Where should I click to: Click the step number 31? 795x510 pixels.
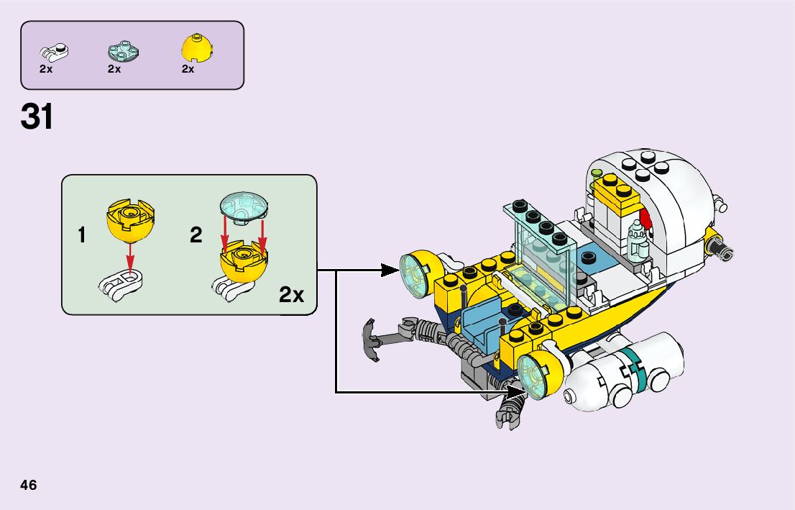pos(37,117)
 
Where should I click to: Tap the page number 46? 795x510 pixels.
pos(29,485)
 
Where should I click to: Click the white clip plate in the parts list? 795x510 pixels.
pos(53,52)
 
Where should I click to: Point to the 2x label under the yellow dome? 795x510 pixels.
pos(188,70)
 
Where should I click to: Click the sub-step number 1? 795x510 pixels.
pos(83,235)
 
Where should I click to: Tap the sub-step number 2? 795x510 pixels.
pos(196,235)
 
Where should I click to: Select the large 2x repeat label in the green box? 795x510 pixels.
pos(291,294)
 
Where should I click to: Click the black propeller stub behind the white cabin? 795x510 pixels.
pos(721,248)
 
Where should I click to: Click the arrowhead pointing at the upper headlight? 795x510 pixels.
pos(390,270)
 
